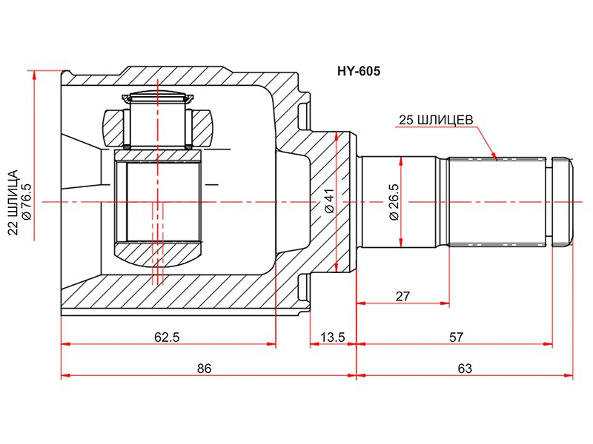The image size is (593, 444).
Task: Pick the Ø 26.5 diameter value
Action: (394, 201)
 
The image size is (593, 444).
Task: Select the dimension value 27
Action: (402, 296)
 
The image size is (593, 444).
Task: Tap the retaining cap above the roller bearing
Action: (157, 98)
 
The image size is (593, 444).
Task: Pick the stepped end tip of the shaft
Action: (563, 201)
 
